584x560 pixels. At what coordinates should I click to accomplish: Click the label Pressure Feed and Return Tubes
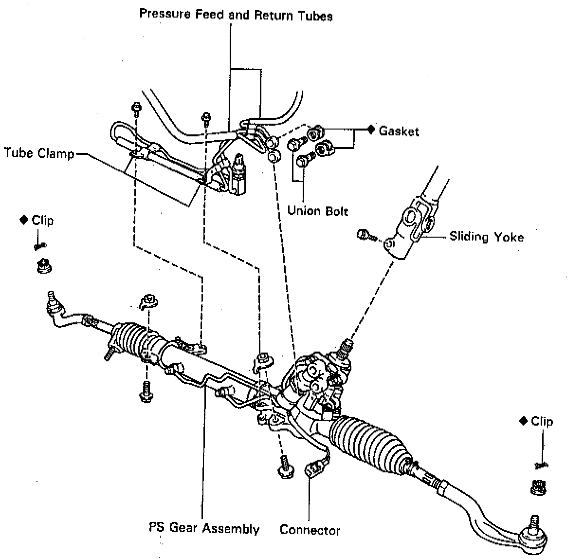[x=236, y=15]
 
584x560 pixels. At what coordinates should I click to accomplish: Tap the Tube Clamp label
[x=39, y=153]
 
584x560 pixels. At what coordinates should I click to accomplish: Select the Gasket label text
[x=399, y=131]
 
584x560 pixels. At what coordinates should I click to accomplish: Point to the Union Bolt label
[x=318, y=211]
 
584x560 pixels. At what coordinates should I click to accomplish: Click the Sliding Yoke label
[x=486, y=237]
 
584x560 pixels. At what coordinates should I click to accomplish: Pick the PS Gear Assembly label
[x=204, y=528]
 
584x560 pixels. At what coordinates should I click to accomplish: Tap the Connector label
[x=310, y=530]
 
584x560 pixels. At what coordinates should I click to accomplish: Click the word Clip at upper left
[x=43, y=220]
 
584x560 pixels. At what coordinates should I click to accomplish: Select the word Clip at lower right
[x=542, y=421]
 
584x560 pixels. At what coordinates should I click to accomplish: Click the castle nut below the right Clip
[x=537, y=485]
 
